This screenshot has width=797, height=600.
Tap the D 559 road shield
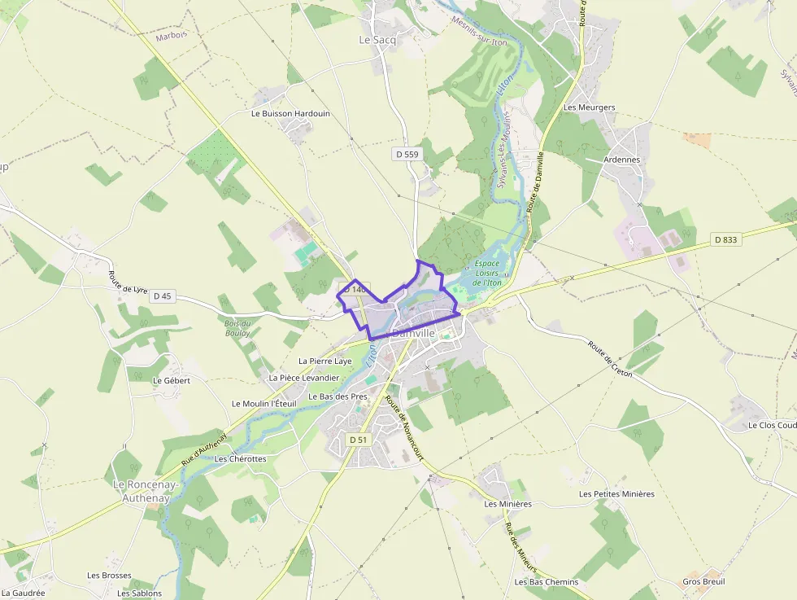(407, 154)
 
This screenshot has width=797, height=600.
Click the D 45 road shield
(162, 296)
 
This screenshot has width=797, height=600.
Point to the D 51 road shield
(358, 440)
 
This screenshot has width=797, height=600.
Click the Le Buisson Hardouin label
(290, 114)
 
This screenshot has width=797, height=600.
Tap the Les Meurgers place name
(589, 107)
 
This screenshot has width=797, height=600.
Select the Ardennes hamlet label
(622, 160)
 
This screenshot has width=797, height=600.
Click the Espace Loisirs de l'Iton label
(487, 274)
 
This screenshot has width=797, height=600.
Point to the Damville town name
(414, 334)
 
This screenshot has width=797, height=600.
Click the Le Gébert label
(171, 380)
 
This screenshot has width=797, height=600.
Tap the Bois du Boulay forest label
(238, 328)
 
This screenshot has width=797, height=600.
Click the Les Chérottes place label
(240, 459)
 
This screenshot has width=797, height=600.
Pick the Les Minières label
(507, 504)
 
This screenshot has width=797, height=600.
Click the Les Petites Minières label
(616, 494)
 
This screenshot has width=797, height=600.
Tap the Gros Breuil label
(703, 582)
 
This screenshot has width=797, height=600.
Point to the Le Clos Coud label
(772, 426)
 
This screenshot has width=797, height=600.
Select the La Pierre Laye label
(324, 361)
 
